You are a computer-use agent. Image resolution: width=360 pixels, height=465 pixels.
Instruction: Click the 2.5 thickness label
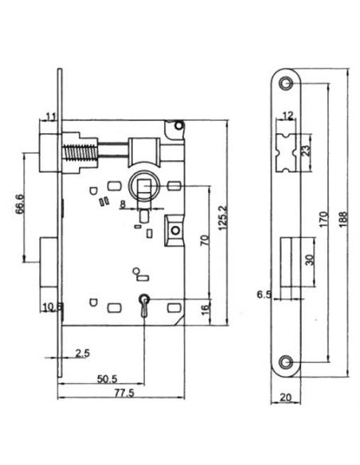point(83,352)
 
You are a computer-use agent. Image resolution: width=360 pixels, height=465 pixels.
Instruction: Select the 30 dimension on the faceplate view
point(307,259)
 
